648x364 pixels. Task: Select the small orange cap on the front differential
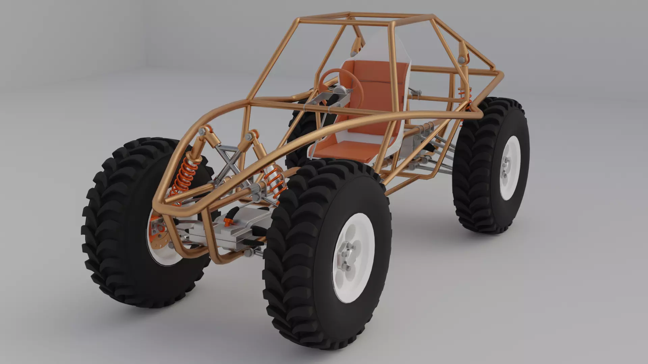coord(227,221)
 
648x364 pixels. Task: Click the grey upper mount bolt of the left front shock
coord(202,131)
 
